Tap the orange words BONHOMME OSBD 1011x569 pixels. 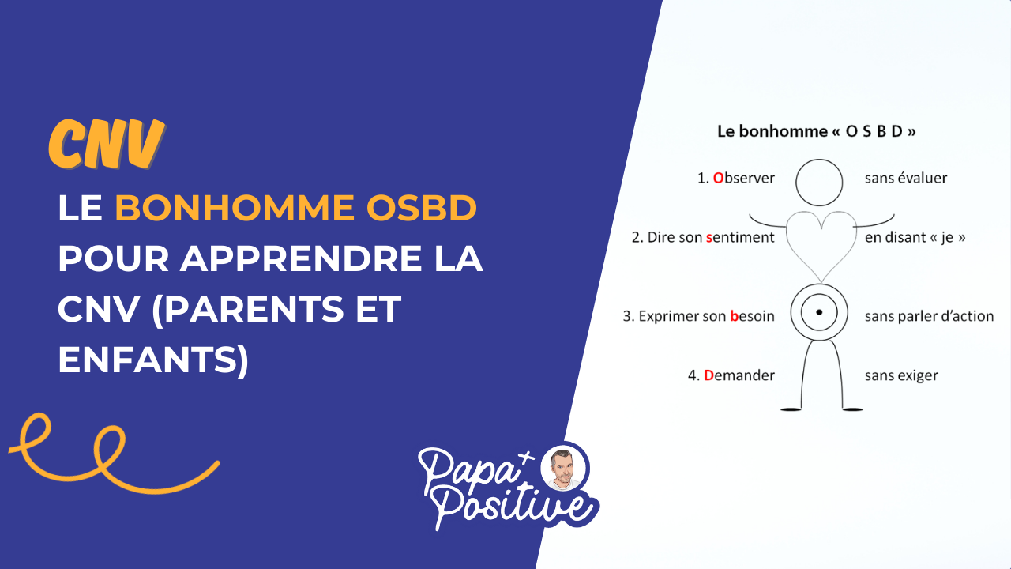coord(296,209)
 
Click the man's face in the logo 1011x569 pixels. coord(564,469)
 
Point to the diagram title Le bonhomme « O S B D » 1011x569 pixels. coord(816,132)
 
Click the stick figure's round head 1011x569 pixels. coord(820,182)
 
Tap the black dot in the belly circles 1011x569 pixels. coord(819,313)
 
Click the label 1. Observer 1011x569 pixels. coord(735,179)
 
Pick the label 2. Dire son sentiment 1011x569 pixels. coord(703,237)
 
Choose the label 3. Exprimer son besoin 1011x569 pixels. coord(698,316)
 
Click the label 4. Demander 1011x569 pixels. coord(731,375)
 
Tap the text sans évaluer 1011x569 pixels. coord(905,179)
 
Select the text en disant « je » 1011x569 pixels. coord(915,237)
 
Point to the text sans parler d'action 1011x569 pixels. coord(929,316)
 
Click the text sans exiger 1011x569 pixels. coord(901,375)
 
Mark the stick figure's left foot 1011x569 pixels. coord(791,409)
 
